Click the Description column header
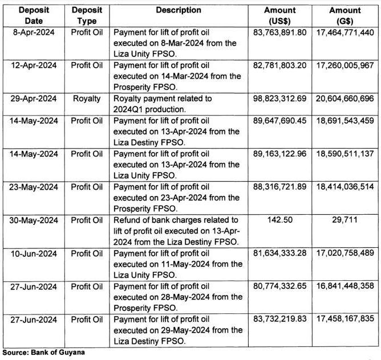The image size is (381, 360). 180,10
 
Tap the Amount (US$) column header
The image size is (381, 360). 280,15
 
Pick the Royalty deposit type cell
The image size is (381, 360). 87,99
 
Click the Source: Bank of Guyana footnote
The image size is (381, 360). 43,352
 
